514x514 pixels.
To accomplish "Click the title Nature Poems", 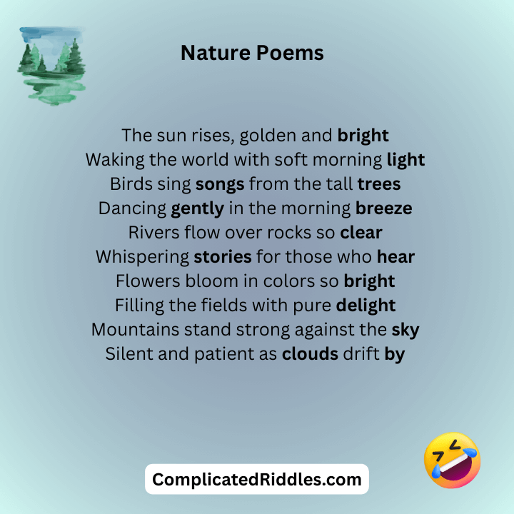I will coord(252,53).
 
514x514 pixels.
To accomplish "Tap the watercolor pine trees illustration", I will coord(51,66).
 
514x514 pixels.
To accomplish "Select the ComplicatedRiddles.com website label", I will coord(257,479).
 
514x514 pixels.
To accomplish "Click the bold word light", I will coord(405,159).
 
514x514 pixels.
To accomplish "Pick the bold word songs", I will coord(220,184).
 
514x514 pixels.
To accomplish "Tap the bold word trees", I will coord(379,184).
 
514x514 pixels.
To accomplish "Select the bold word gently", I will coord(198,208).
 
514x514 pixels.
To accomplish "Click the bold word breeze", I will coord(384,208).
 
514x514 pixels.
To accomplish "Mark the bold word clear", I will coord(361,233).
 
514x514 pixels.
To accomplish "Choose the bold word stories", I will coord(223,257).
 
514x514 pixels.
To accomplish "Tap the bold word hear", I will coord(396,257).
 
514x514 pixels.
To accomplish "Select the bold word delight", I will coord(366,306).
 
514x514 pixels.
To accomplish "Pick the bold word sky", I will coord(405,330).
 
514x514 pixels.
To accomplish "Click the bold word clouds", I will coord(310,354).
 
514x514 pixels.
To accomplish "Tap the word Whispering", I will coord(142,257).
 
